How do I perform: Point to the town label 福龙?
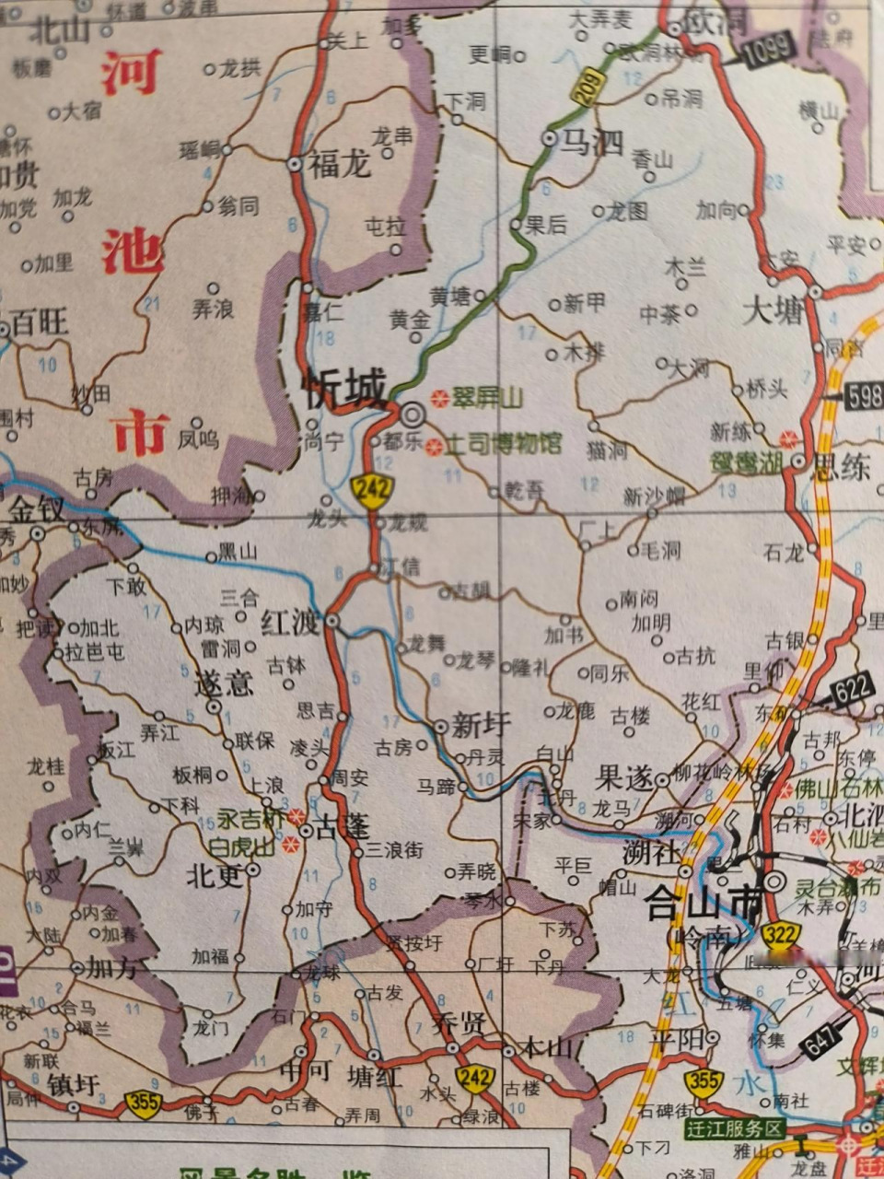(340, 164)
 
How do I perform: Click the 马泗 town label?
(593, 142)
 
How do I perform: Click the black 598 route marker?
(862, 397)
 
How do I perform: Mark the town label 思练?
(840, 466)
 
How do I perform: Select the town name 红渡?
(291, 622)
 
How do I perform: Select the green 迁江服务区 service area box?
(734, 1129)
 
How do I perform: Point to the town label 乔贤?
(458, 1022)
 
